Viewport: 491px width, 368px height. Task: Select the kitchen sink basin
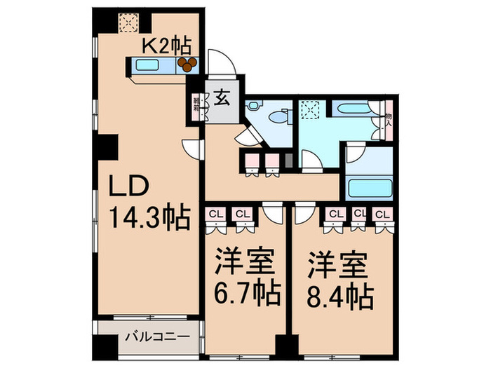[x=149, y=66]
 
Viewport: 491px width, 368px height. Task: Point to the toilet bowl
[x=281, y=117]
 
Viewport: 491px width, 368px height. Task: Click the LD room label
[x=127, y=187]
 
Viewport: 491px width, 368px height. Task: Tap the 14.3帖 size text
[x=149, y=219]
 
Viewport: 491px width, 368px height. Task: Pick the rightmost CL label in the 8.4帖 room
[x=382, y=213]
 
